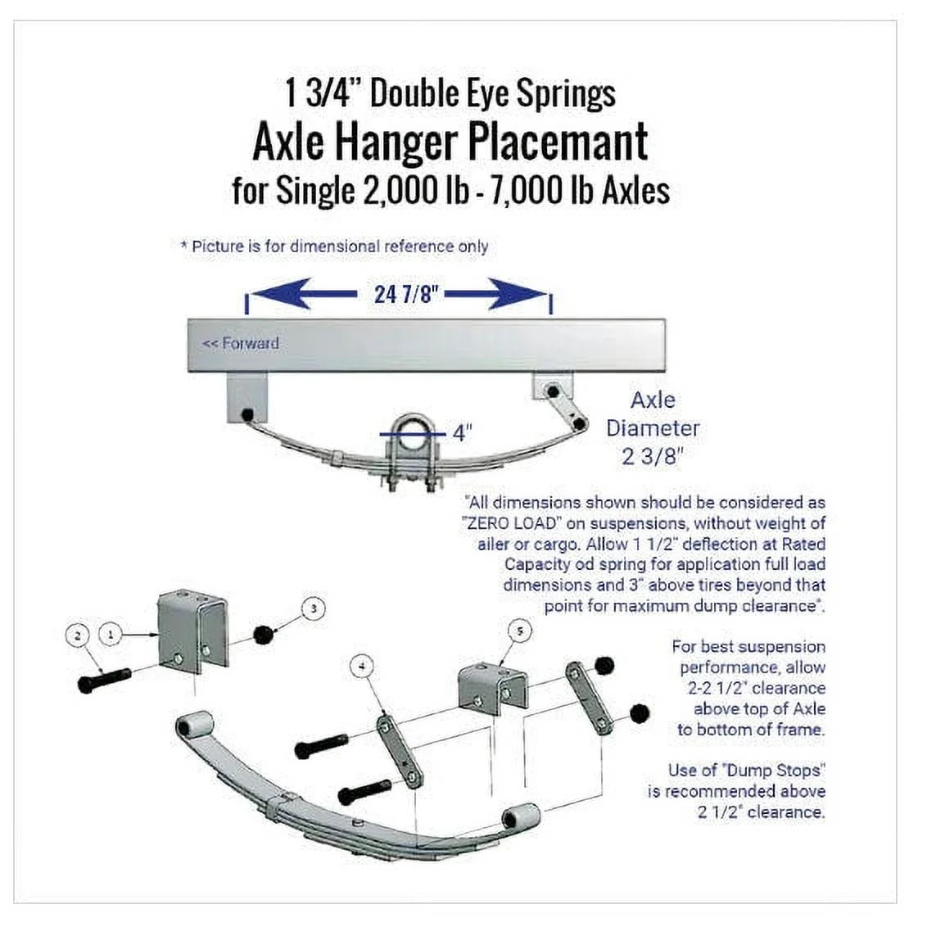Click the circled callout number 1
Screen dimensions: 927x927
click(111, 634)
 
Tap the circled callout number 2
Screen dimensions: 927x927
click(78, 635)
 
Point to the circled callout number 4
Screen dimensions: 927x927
click(361, 667)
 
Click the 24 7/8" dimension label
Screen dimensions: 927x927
click(403, 295)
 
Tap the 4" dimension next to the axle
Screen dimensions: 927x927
click(463, 432)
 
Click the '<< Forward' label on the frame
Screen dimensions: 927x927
click(240, 343)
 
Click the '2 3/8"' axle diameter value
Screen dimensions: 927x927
click(652, 456)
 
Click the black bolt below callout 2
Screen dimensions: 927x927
click(105, 680)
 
